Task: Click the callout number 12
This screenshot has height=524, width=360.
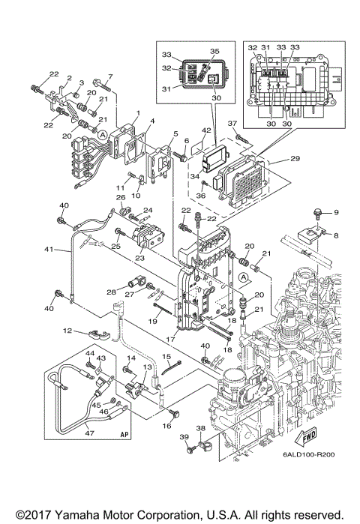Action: (67, 330)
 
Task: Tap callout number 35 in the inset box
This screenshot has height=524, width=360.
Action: (214, 51)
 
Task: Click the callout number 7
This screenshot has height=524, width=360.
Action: (109, 76)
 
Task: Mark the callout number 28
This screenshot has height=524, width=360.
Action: (111, 292)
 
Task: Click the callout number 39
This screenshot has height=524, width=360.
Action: (184, 438)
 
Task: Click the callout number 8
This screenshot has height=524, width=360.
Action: (336, 235)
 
